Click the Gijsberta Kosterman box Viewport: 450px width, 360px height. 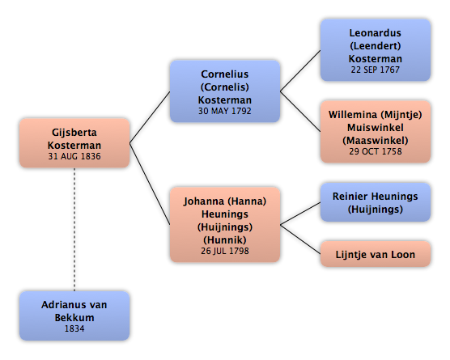74,143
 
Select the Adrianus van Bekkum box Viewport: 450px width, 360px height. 74,316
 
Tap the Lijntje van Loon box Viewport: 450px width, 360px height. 376,254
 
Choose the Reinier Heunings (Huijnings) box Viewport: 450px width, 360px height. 376,202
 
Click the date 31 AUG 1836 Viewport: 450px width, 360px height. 74,156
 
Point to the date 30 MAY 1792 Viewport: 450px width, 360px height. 225,111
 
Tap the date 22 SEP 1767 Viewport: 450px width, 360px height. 376,70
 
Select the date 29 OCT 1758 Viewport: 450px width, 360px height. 376,151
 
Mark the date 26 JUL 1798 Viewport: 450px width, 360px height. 225,251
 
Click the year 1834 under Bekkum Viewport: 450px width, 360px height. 74,328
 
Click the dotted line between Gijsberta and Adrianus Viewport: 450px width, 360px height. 74,230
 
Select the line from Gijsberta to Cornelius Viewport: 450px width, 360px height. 150,117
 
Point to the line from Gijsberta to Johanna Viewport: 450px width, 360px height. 150,184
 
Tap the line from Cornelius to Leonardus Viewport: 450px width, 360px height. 300,71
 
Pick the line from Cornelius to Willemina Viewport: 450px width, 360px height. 300,112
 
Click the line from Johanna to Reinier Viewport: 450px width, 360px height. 300,214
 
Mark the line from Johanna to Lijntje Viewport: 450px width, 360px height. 300,239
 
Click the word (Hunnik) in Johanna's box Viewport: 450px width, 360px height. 225,239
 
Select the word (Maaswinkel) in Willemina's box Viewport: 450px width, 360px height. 376,141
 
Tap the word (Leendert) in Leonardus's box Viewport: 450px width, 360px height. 376,46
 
